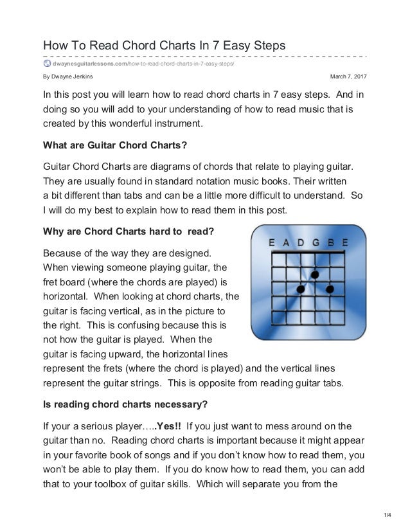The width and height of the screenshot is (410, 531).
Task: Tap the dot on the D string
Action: click(x=301, y=290)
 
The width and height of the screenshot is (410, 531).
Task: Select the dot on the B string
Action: click(x=330, y=290)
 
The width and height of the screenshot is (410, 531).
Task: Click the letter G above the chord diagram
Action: click(x=316, y=243)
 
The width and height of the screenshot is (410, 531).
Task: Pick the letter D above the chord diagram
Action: click(x=301, y=243)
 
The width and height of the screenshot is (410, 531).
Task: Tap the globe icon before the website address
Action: click(x=47, y=63)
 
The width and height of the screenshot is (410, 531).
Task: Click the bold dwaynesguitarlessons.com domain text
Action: click(x=90, y=63)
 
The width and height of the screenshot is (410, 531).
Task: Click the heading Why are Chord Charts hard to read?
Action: click(x=128, y=230)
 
